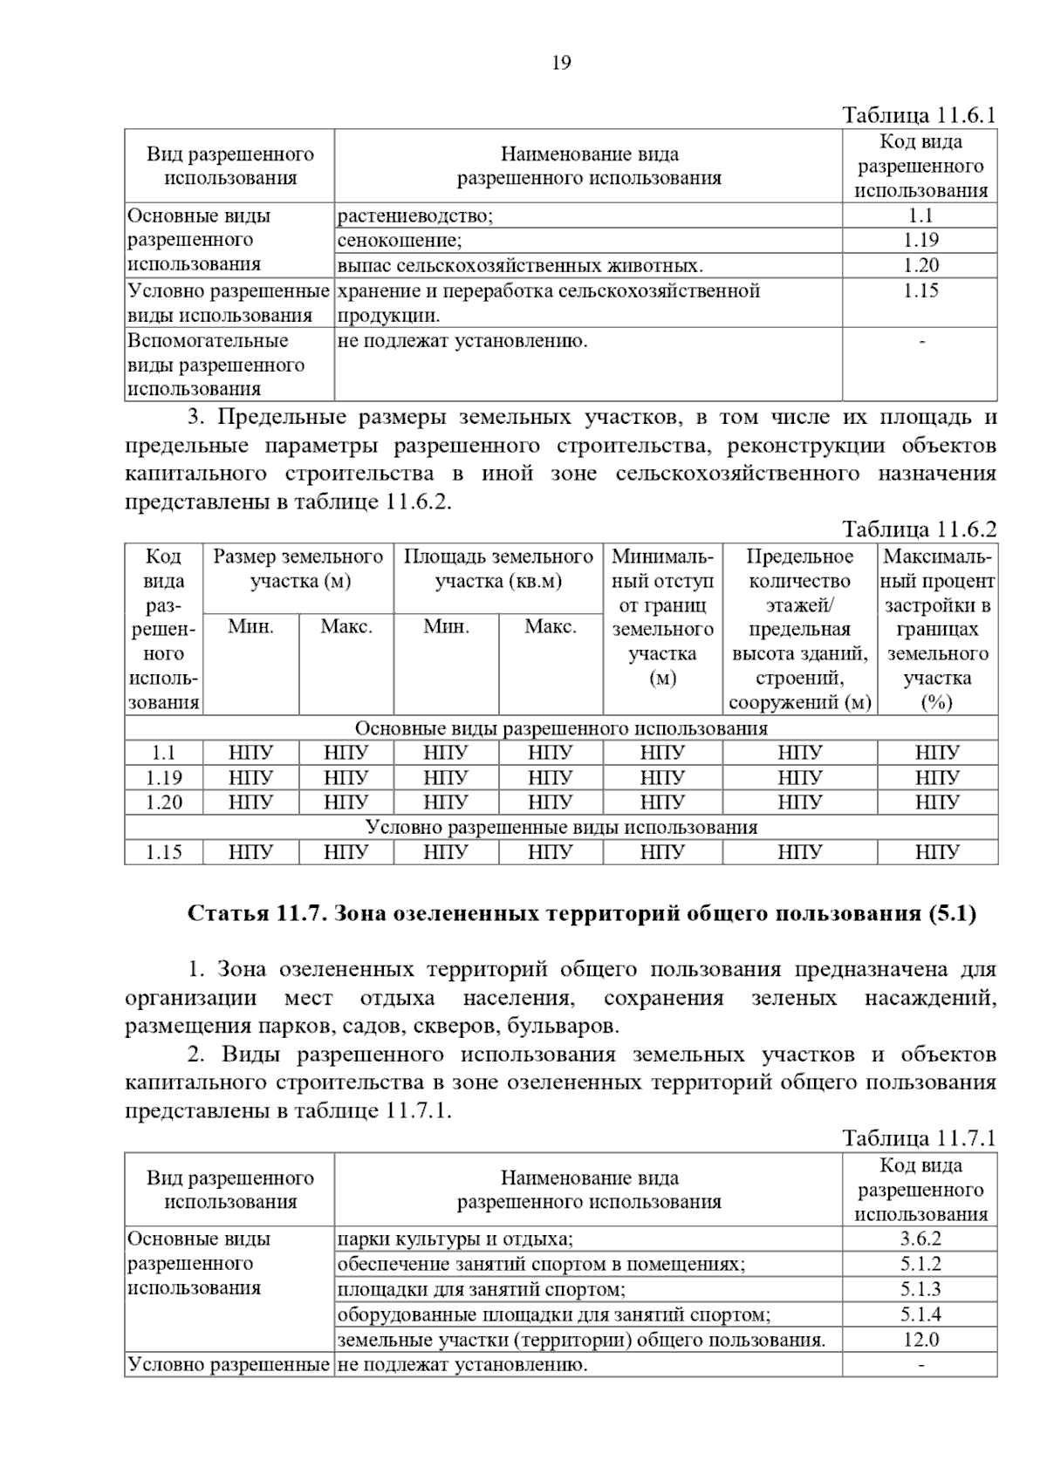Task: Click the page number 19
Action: pos(561,63)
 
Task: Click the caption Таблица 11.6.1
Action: pos(918,116)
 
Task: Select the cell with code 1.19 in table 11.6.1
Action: pos(920,241)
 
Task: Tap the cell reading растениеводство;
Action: pos(415,216)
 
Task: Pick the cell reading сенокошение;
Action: pos(400,241)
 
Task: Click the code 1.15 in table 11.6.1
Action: pos(920,291)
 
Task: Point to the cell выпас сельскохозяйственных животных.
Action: pos(520,266)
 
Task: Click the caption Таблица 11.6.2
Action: pos(918,529)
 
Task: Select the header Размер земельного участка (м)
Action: pos(298,569)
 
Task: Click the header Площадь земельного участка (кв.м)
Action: pos(498,569)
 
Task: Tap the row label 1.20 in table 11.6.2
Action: pos(163,802)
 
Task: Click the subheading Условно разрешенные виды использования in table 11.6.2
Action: pos(561,827)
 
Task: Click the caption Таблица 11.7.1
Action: pos(918,1138)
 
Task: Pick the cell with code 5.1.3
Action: pos(920,1289)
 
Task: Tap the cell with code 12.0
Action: pos(920,1340)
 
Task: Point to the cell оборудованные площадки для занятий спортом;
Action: pos(554,1314)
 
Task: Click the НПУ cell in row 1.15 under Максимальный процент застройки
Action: pos(937,852)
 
